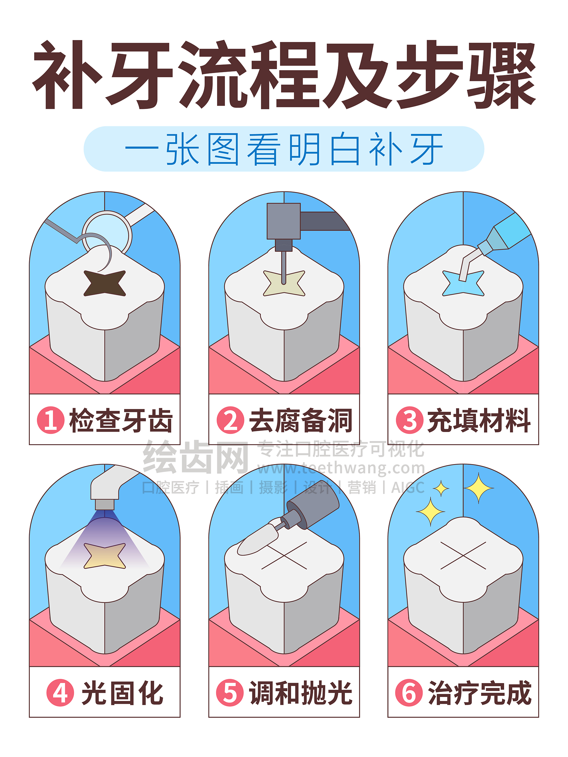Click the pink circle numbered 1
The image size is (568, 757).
click(51, 420)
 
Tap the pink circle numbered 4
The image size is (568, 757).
click(60, 692)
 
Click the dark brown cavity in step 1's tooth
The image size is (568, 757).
click(105, 283)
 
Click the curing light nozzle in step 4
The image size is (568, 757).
click(105, 504)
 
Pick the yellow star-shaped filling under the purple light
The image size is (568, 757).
click(105, 556)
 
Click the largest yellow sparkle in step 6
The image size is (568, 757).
click(478, 488)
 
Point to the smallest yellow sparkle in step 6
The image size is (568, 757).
click(441, 488)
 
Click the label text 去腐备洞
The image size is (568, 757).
click(300, 420)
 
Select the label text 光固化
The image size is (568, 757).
click(122, 693)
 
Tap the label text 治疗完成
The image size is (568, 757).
click(479, 693)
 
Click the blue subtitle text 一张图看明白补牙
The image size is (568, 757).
click(284, 150)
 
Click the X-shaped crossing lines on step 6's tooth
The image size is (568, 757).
click(463, 555)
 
